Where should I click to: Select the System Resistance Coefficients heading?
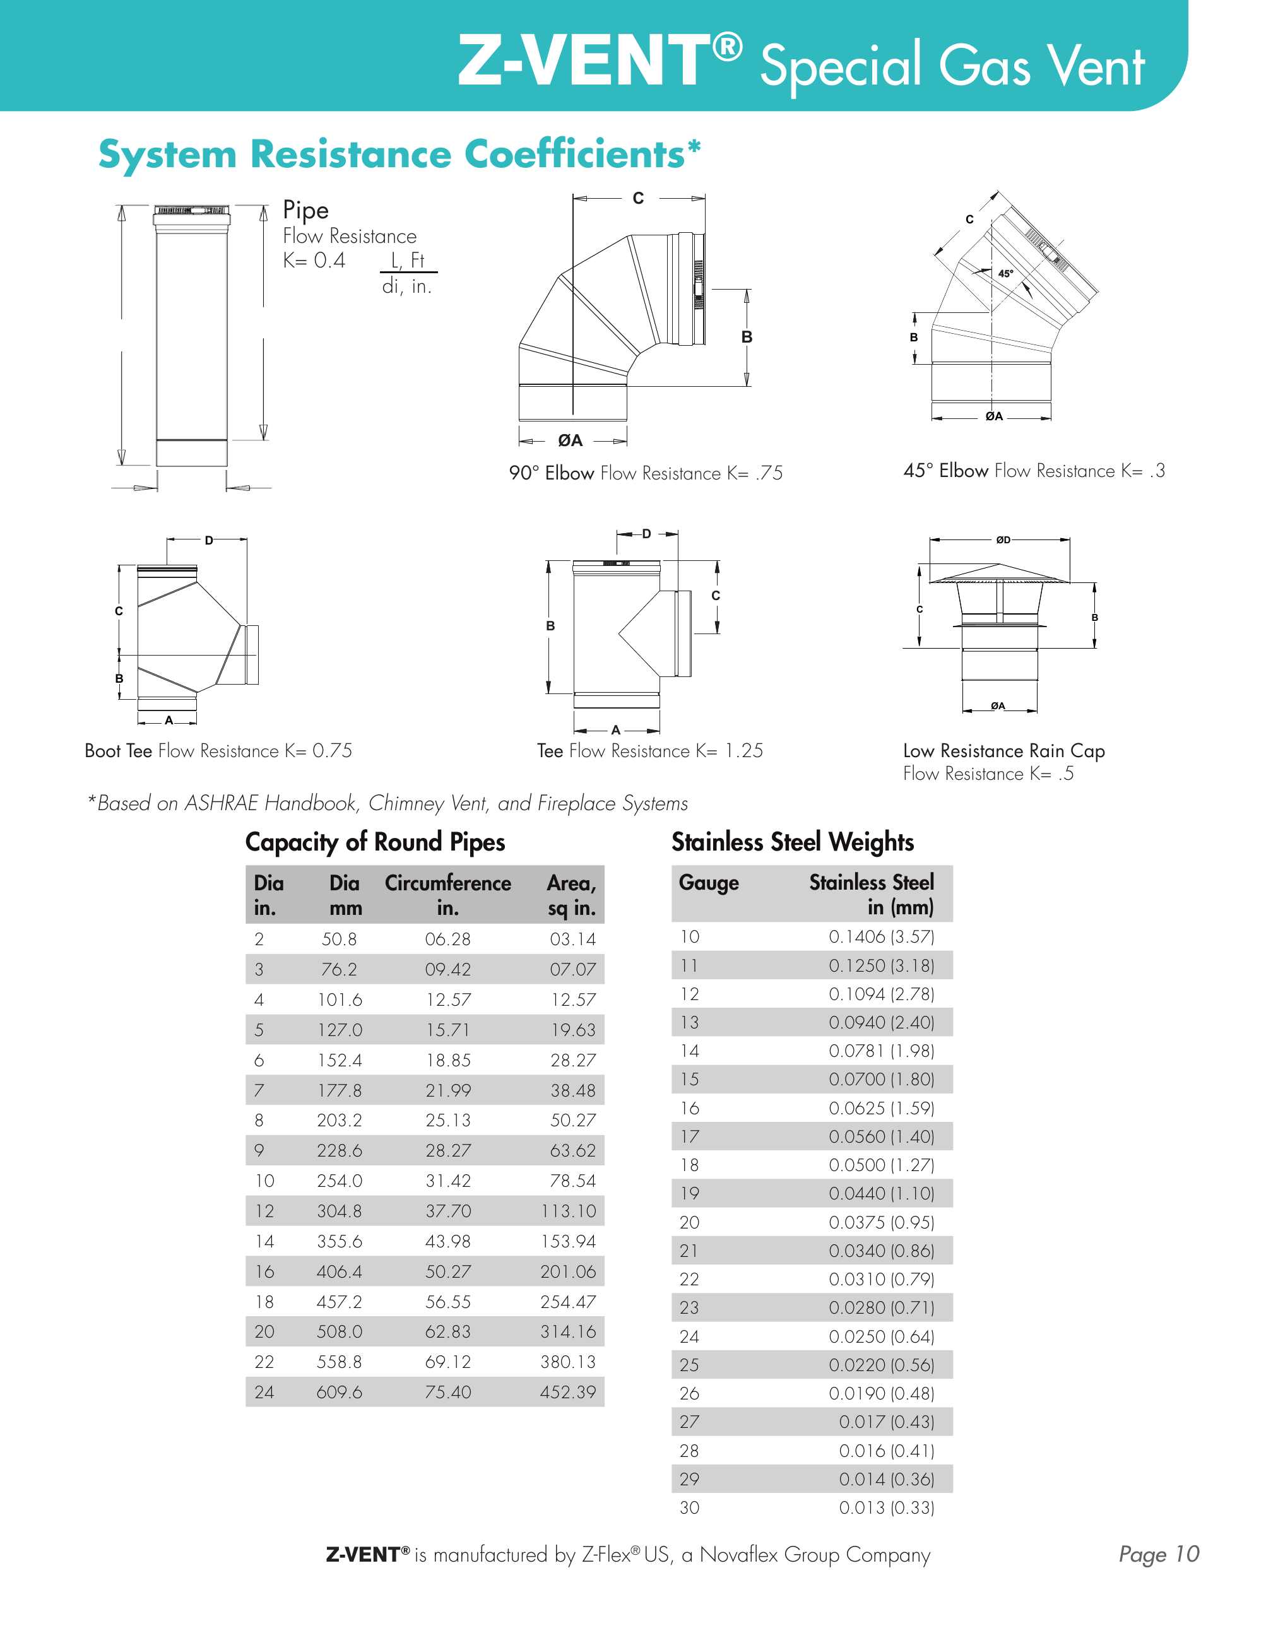[399, 155]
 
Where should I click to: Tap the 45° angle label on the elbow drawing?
[1005, 274]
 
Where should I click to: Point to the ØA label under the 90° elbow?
[570, 441]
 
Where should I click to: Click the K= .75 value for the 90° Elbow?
[755, 473]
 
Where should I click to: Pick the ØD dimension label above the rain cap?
[1003, 539]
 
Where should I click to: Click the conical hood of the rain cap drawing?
[998, 573]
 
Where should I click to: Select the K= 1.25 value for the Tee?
[729, 751]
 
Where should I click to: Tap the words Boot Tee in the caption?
[119, 751]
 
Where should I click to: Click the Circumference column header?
[447, 883]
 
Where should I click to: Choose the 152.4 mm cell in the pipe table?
[339, 1061]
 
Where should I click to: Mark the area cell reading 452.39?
[568, 1393]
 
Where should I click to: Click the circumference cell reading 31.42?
[447, 1181]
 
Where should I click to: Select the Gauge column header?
[709, 883]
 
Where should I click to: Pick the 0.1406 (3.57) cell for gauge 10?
[881, 937]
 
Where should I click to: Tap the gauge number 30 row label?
[689, 1507]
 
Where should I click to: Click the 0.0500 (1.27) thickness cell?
[881, 1165]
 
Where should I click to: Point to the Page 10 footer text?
[1159, 1554]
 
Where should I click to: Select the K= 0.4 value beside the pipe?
[314, 261]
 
